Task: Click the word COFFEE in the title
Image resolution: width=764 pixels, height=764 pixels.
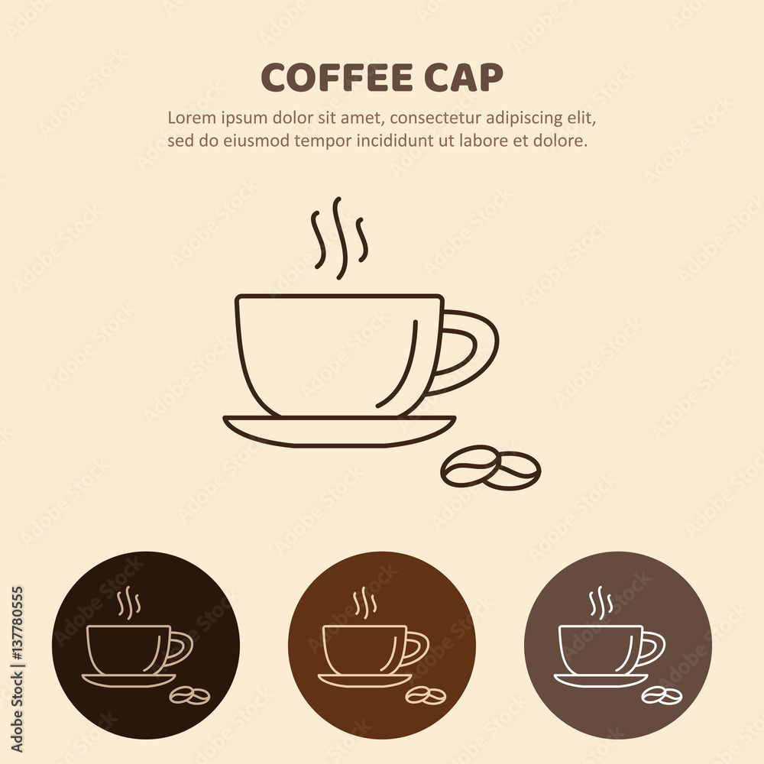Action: coord(337,77)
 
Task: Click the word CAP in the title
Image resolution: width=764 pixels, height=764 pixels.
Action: coord(464,77)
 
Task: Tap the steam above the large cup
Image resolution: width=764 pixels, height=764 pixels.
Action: coord(338,238)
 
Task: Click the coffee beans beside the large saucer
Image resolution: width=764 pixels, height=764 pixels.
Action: coord(490,468)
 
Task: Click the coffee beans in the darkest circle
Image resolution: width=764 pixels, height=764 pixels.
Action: coord(189,696)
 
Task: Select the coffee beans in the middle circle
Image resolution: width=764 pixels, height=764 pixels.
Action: coord(426,696)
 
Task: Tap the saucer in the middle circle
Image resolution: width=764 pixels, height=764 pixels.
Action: coord(365,681)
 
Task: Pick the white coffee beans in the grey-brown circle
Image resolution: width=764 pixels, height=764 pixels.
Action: coord(662,696)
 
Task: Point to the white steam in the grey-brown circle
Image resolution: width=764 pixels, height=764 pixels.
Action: coord(601,602)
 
